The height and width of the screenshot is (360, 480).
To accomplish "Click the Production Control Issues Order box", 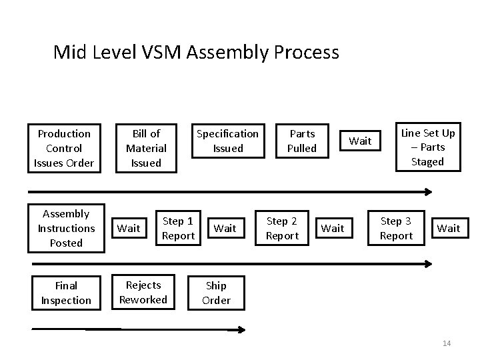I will (x=64, y=148).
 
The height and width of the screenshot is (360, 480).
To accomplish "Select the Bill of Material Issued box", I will (x=146, y=148).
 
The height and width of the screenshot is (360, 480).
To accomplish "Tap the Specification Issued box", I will (x=227, y=141).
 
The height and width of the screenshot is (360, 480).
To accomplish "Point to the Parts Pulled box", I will (x=301, y=141).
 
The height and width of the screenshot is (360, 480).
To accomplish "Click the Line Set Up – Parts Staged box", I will (x=427, y=147).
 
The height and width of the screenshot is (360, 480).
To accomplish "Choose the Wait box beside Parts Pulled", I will (x=361, y=141).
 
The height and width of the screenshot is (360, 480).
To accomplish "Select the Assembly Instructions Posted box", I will (x=66, y=229).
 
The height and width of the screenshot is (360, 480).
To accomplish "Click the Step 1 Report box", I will (x=179, y=228).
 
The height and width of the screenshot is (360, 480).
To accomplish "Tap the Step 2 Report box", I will (x=283, y=228).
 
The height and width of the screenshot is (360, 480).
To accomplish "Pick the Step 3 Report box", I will (x=396, y=228).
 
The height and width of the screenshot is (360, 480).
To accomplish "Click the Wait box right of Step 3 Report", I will (x=448, y=228).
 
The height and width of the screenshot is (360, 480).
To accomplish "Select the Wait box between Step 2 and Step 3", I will (x=333, y=228).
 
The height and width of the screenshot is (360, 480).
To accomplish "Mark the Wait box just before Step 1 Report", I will (x=129, y=228).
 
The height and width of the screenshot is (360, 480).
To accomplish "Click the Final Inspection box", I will (x=66, y=293).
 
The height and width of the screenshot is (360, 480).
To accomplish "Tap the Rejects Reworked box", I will (x=143, y=292).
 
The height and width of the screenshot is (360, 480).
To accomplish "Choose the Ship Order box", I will (x=217, y=293).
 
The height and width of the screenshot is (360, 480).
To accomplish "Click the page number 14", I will (x=447, y=343).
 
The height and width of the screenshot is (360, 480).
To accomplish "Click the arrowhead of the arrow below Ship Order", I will (x=241, y=329).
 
